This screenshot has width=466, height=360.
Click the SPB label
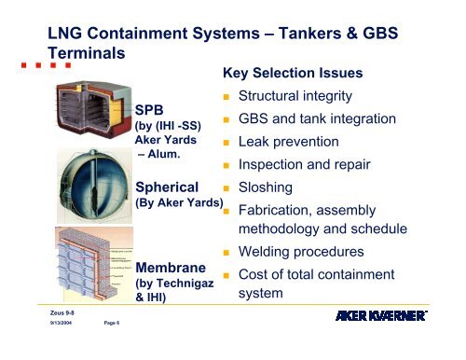(x=152, y=110)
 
